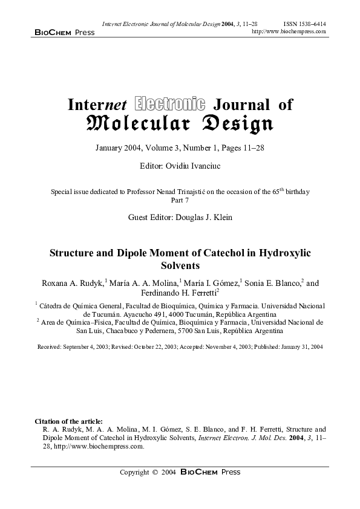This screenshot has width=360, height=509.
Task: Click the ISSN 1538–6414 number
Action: click(x=305, y=24)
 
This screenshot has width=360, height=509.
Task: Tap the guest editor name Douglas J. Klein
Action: click(x=206, y=216)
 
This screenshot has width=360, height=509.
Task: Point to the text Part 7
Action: click(x=180, y=200)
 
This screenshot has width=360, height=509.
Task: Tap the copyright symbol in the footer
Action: click(x=155, y=473)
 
